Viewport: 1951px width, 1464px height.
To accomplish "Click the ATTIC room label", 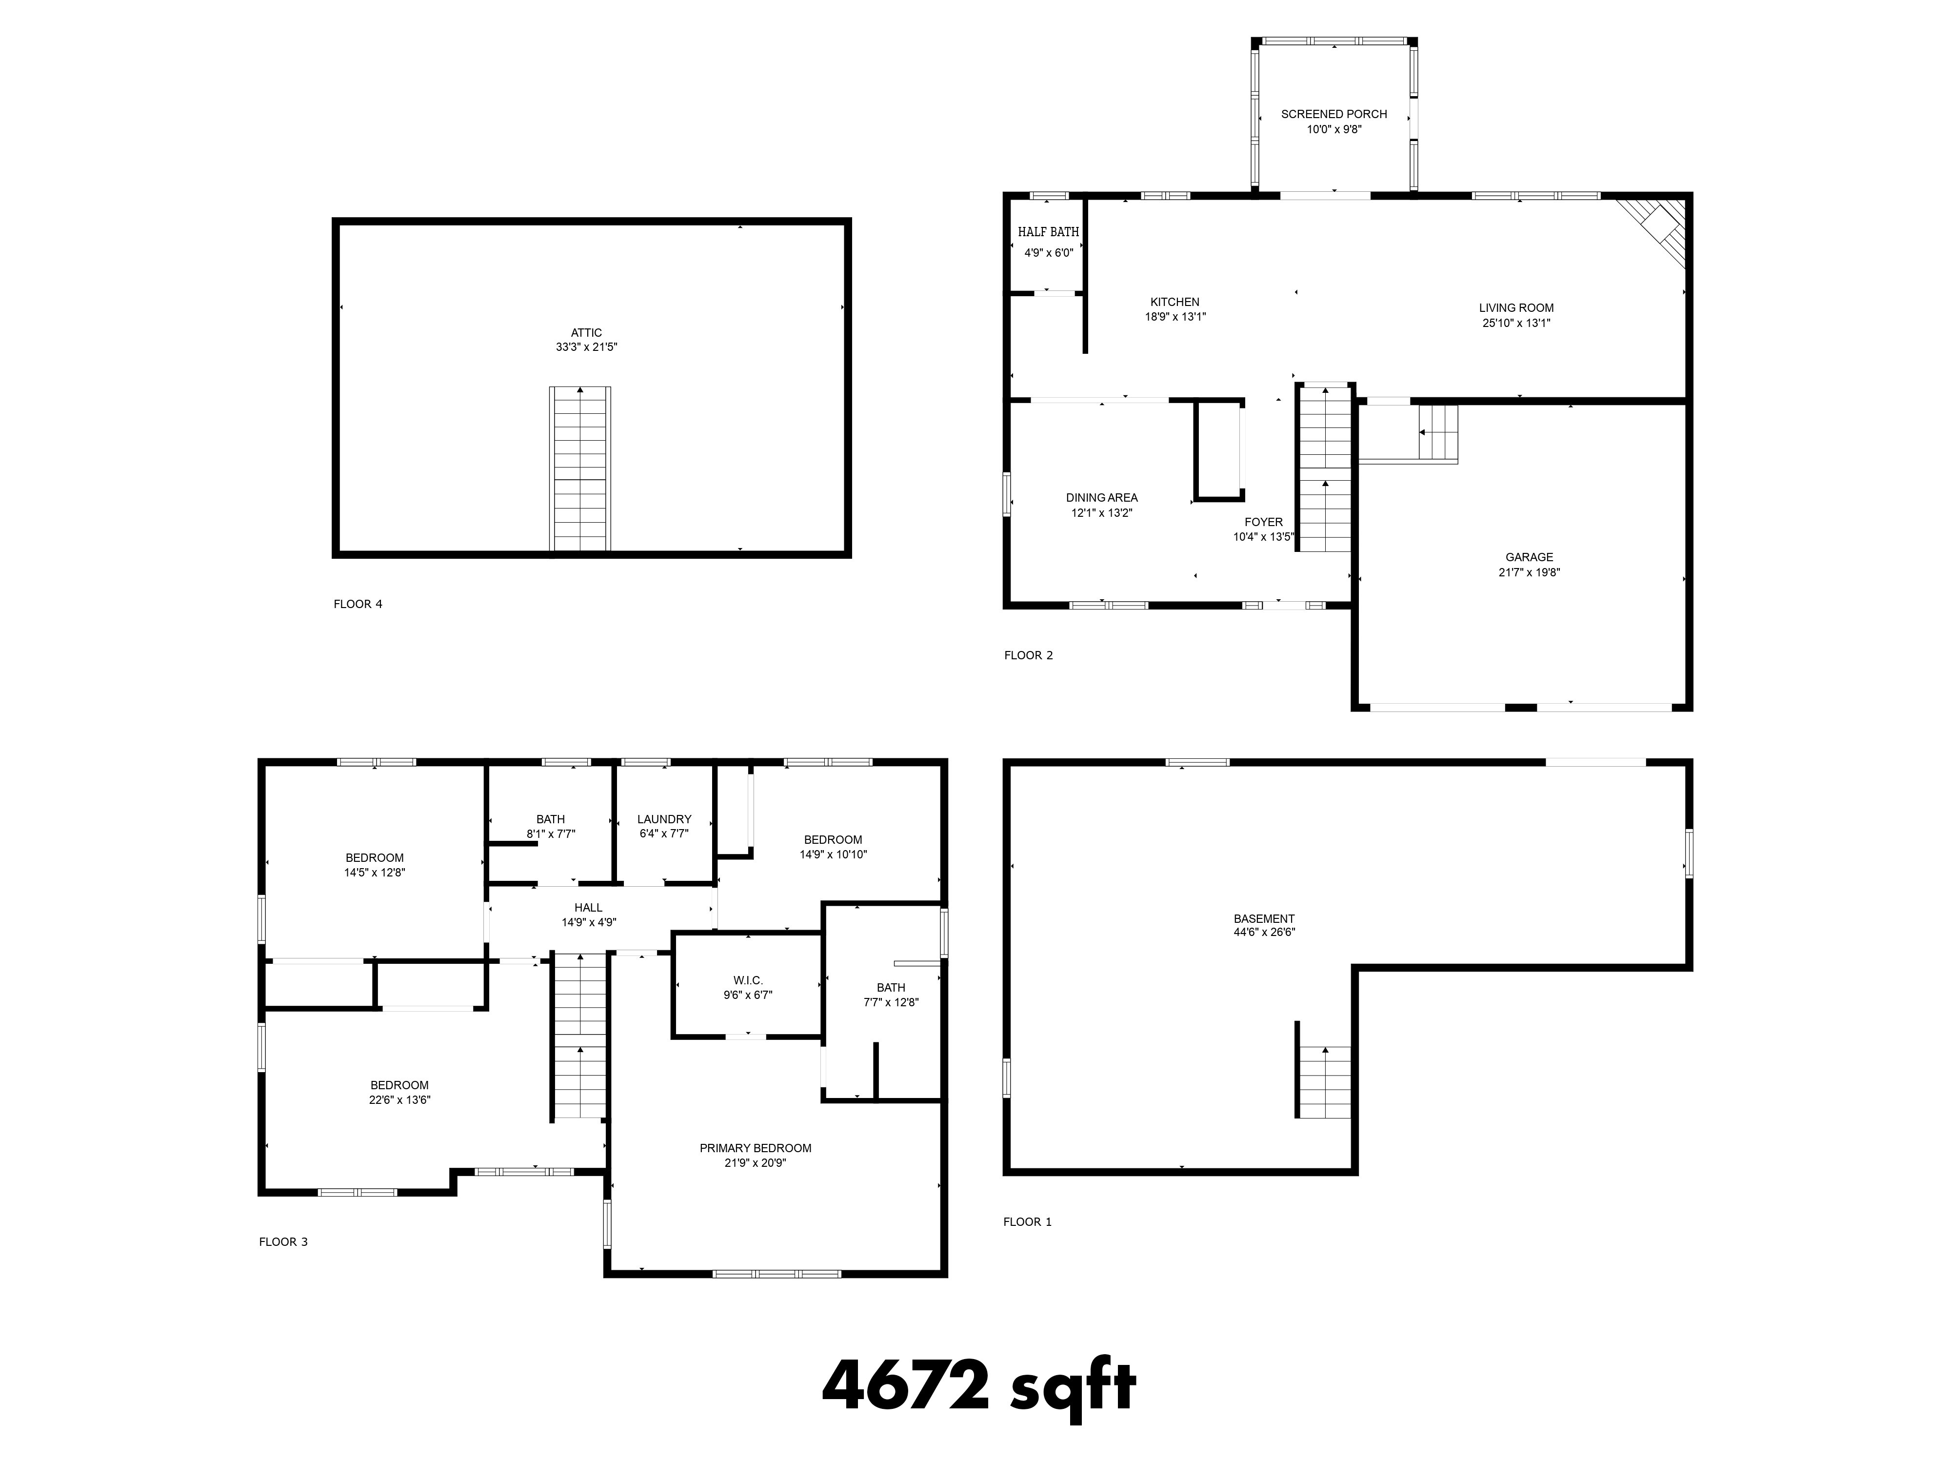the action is point(587,333).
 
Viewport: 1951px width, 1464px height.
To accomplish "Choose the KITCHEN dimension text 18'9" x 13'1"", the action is point(1175,317).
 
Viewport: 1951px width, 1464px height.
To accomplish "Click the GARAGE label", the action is point(1530,557).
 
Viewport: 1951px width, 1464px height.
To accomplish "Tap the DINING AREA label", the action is point(1102,498).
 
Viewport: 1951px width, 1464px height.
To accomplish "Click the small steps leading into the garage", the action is point(1436,432).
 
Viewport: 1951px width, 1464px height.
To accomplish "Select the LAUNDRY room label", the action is point(664,819).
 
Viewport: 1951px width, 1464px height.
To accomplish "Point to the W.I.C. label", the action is point(748,980).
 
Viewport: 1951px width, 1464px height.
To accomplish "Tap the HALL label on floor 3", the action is point(588,907).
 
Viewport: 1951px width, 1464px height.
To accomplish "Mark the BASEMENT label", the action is point(1264,918).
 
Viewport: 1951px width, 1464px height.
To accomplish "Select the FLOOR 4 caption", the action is point(358,605).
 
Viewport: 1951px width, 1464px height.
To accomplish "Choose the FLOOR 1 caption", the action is point(1028,1222).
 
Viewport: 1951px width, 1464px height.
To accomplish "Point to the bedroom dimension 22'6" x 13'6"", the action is point(399,1100).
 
